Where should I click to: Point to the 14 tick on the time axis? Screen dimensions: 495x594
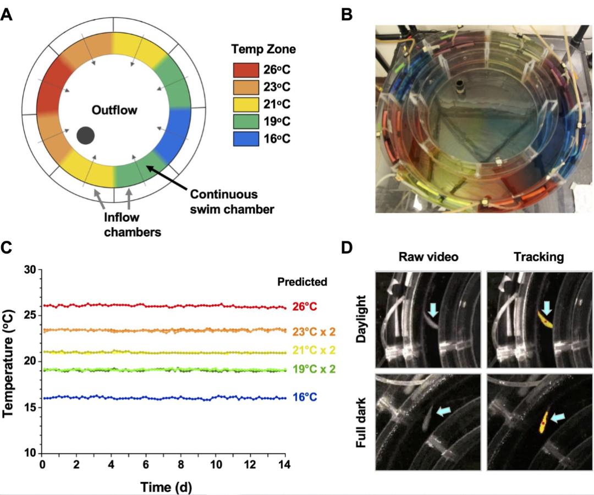point(285,465)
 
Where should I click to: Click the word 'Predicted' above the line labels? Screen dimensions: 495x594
point(302,282)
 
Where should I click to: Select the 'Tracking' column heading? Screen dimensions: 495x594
point(539,257)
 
